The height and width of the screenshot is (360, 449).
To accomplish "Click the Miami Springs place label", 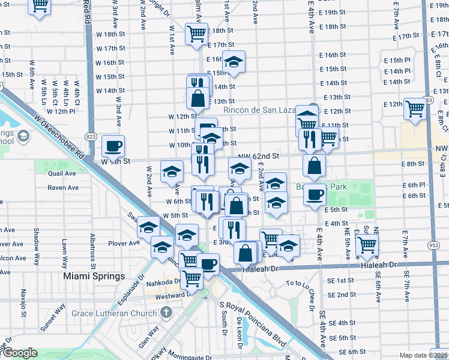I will click(94, 276).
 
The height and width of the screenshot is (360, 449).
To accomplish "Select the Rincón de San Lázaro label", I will click(261, 110).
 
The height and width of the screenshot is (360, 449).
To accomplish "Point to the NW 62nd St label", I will click(259, 156).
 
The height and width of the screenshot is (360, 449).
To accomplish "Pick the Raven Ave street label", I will click(64, 188).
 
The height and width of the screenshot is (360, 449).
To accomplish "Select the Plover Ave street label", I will click(123, 243).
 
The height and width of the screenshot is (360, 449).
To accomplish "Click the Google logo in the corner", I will click(19, 353).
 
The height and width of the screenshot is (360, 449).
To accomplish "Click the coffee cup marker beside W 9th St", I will click(113, 145).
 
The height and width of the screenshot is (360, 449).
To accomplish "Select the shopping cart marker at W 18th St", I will click(196, 34).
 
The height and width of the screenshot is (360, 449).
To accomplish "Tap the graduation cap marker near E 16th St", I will click(234, 61).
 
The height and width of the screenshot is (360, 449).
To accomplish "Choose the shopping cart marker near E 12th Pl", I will click(415, 109).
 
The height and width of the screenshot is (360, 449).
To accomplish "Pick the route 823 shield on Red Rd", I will click(91, 137).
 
